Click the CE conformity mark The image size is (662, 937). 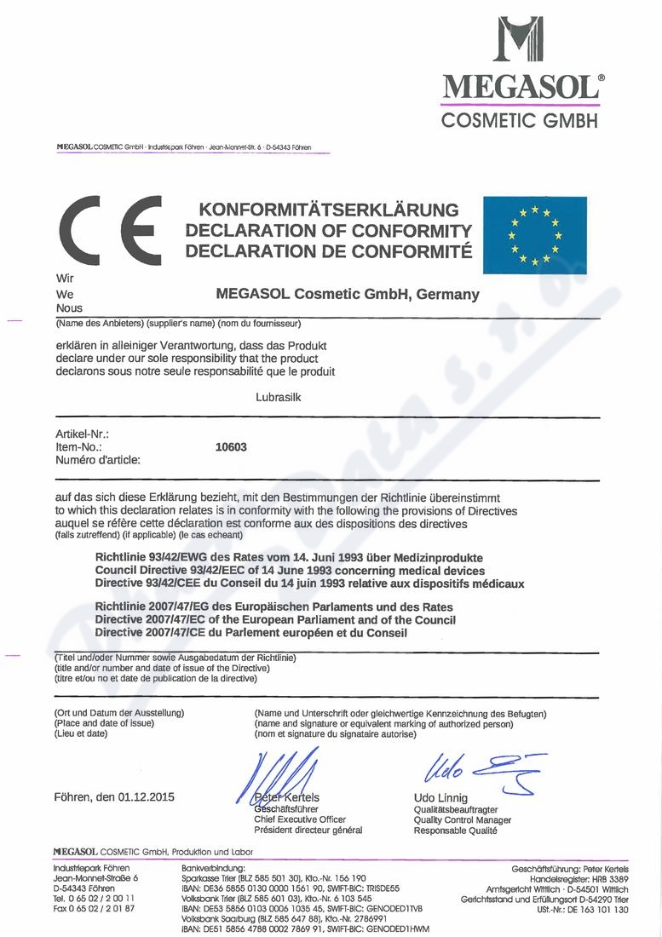(107, 231)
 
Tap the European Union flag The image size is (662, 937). (534, 235)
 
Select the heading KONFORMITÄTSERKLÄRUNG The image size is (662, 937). (328, 210)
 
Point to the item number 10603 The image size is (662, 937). (232, 446)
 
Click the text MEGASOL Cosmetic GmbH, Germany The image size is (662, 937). (348, 295)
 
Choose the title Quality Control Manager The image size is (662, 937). (462, 819)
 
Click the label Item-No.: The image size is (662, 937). (79, 446)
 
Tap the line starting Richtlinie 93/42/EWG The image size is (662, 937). (302, 557)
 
